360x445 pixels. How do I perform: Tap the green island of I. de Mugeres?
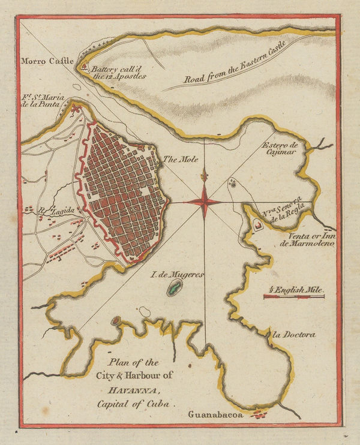pos(173,290)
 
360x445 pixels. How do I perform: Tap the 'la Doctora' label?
pos(293,335)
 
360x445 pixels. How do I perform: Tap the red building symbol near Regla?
pos(259,225)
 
